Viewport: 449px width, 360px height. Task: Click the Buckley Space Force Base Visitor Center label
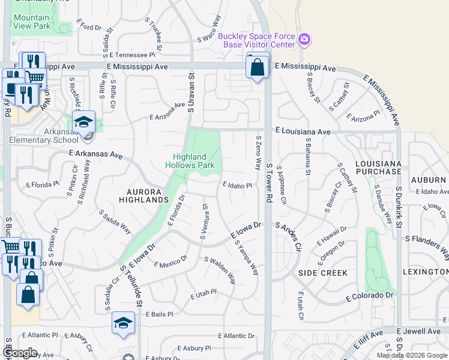point(256,40)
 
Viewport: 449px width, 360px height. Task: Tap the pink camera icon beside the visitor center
point(305,40)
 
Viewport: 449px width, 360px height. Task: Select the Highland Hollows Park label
point(190,160)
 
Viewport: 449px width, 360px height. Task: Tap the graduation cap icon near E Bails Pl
point(124,323)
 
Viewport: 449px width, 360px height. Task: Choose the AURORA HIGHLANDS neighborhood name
point(143,195)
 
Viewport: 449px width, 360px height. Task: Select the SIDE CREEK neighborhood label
point(323,273)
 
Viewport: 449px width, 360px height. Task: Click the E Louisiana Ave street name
point(303,131)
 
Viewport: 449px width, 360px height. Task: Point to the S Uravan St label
point(191,93)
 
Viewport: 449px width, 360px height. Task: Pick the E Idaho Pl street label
point(237,186)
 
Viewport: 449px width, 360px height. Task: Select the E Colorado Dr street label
point(370,296)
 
